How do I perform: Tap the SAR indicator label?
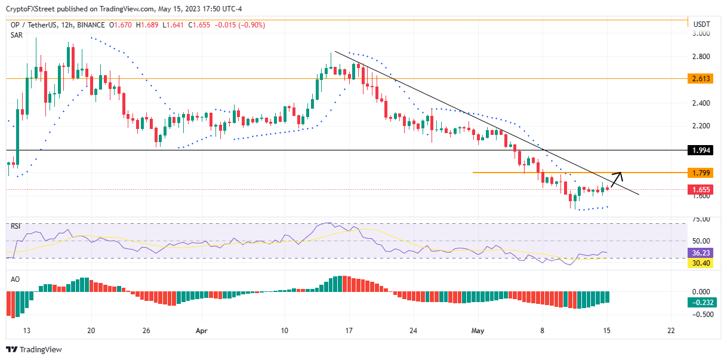(17, 35)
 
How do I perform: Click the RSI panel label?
(16, 226)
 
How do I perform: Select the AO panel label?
(16, 279)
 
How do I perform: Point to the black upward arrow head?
(620, 174)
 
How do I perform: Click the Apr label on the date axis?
(202, 330)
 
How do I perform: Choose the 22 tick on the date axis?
(671, 330)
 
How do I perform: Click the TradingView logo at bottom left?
(34, 349)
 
